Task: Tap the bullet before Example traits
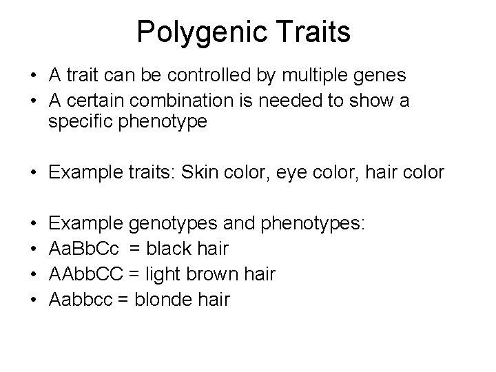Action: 34,171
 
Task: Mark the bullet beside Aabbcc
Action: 34,299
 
